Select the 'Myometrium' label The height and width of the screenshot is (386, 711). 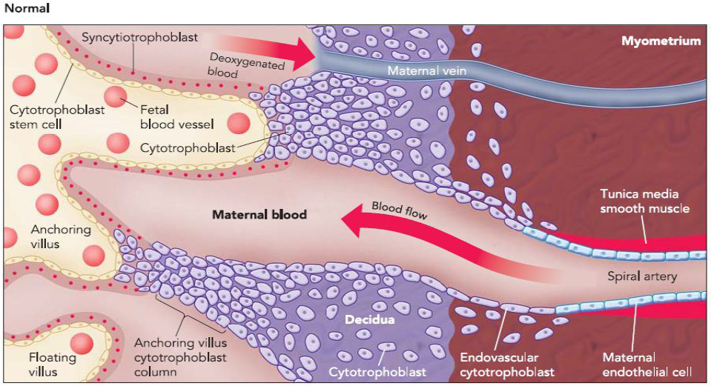point(661,41)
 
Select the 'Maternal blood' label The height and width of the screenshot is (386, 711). point(259,215)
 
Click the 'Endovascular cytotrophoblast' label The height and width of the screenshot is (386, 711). point(507,364)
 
